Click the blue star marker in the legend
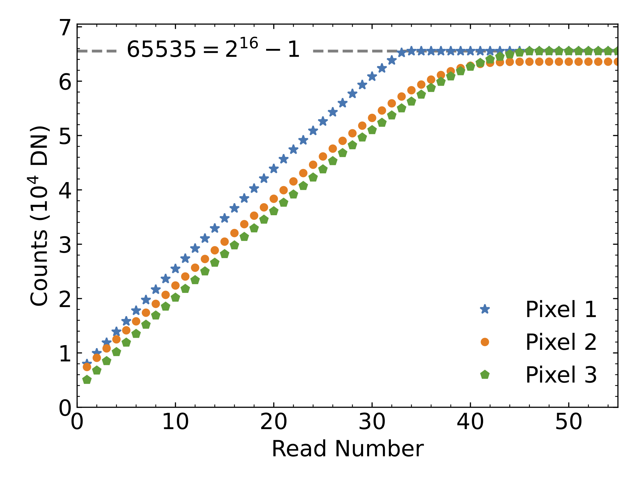coord(485,309)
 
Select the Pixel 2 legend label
coord(561,342)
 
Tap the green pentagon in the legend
coord(485,375)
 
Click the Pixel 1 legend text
coord(561,309)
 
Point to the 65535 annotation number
coord(161,50)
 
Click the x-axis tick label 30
coord(372,422)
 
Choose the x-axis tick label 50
coord(568,422)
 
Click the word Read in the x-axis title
coord(298,449)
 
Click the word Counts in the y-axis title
coord(39,268)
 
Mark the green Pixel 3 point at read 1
coord(87,380)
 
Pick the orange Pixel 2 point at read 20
coord(274,199)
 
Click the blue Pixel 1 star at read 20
coord(274,169)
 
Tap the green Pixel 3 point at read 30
coord(372,130)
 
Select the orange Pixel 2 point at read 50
coord(568,62)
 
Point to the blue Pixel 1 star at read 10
coord(175,268)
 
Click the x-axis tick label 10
coord(175,422)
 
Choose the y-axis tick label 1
coord(65,353)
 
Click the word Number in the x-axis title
coord(379,449)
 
